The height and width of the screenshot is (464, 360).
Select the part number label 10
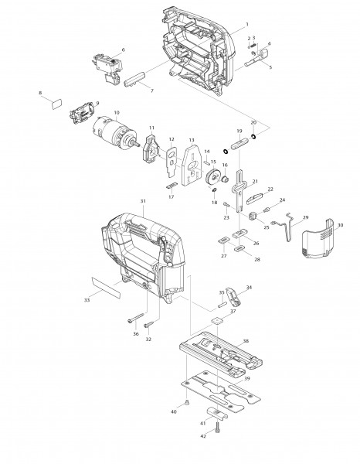tap(116, 113)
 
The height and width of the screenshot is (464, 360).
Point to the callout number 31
tap(143, 202)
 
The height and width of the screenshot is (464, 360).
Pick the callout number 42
tap(203, 437)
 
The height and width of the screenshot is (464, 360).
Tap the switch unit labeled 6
tap(108, 62)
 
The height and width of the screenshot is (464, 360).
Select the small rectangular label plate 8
tap(56, 101)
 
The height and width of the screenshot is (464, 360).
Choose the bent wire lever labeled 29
tap(288, 227)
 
